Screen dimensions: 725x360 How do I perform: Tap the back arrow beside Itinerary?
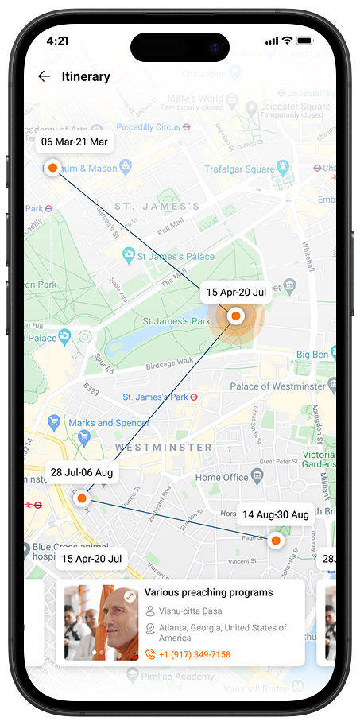[x=44, y=76]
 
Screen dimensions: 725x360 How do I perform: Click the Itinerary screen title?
[x=86, y=77]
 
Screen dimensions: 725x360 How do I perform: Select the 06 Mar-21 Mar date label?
[x=74, y=142]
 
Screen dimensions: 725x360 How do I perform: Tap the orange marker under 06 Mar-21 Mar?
[x=52, y=168]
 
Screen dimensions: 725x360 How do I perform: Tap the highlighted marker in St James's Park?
[x=235, y=316]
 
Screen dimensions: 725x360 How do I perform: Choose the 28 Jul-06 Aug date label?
[x=82, y=472]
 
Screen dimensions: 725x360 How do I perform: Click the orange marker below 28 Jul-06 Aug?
[x=81, y=498]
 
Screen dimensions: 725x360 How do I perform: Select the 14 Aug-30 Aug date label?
[x=275, y=514]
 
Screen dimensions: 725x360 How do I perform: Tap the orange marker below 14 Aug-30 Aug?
[x=275, y=541]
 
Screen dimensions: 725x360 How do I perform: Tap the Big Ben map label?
[x=313, y=353]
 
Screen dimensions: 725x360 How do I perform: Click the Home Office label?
[x=222, y=477]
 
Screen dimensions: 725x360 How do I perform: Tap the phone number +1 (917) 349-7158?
[x=195, y=654]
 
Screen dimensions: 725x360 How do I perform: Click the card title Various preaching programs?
[x=208, y=592]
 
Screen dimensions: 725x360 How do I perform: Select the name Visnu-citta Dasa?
[x=189, y=611]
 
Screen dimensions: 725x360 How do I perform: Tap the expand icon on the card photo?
[x=130, y=595]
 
